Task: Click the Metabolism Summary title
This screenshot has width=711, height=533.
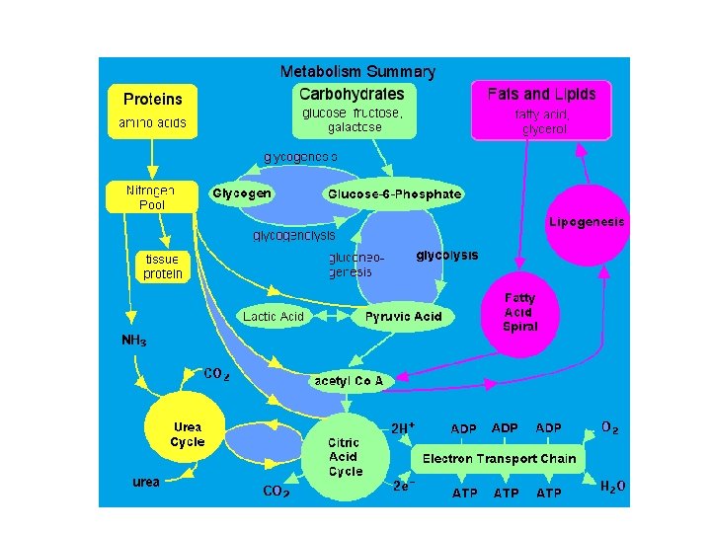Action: tap(357, 71)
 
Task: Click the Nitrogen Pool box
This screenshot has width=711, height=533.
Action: tap(151, 197)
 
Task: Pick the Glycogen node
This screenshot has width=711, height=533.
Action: tap(243, 193)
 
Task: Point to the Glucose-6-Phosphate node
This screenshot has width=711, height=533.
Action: tap(394, 194)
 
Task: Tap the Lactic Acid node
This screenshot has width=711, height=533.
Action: tap(274, 316)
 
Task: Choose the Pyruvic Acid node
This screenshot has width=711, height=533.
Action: tap(404, 316)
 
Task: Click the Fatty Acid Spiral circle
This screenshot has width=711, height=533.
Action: tap(519, 312)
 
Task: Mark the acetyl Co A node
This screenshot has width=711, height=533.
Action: tap(348, 380)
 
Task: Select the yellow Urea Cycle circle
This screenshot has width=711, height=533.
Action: tap(187, 435)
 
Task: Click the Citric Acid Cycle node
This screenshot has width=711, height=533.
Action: tap(346, 457)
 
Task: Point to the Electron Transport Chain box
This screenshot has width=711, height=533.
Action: tap(500, 459)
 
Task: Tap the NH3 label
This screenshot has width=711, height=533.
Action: tap(135, 341)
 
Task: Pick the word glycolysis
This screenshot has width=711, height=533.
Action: tap(446, 255)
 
